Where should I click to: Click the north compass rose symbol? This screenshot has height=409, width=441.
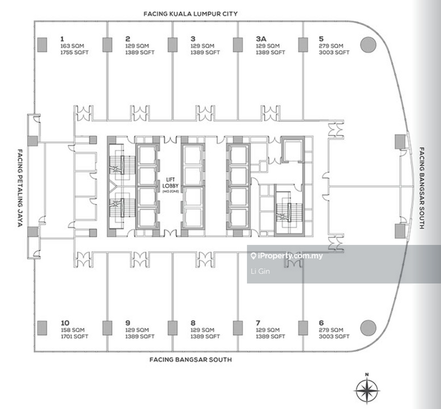click(x=367, y=390)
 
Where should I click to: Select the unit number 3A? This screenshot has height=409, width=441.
click(x=261, y=39)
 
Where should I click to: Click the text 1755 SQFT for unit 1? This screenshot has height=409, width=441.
click(x=74, y=52)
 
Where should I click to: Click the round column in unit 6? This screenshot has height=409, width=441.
click(x=368, y=327)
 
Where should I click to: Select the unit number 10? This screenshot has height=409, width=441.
click(x=65, y=322)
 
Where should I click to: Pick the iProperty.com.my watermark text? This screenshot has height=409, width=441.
click(x=286, y=256)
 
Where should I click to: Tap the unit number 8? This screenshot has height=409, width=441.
click(x=193, y=322)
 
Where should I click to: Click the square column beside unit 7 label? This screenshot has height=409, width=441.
click(x=238, y=327)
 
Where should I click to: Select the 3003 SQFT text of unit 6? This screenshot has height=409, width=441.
click(x=334, y=336)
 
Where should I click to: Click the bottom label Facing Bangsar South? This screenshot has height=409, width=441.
click(x=191, y=359)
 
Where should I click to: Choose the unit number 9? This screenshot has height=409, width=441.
click(x=127, y=322)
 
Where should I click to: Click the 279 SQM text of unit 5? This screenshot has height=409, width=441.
click(x=331, y=46)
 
